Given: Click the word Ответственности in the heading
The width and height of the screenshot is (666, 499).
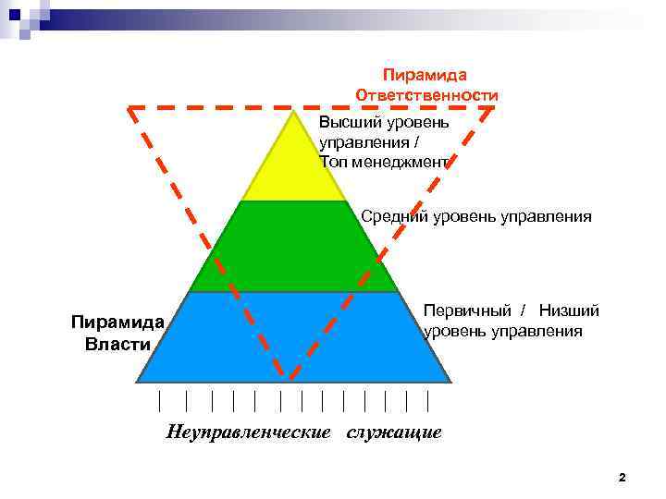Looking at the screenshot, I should [x=426, y=95].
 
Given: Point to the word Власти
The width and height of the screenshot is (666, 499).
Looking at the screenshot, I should [x=117, y=344].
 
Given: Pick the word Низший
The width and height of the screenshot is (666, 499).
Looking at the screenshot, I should [x=569, y=311].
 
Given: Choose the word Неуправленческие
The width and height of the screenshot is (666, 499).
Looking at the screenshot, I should [x=248, y=432].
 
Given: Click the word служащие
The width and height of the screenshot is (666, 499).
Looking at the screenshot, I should [x=395, y=432].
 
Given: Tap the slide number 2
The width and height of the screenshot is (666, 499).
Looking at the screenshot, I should [x=622, y=478].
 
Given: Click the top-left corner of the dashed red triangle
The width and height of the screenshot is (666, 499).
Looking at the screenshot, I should [x=129, y=108].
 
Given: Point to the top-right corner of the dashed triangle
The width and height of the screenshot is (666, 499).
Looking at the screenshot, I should [x=493, y=107].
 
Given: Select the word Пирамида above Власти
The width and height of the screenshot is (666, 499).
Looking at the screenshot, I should [x=117, y=323].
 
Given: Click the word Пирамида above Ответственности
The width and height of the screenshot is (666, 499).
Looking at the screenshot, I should [x=425, y=75].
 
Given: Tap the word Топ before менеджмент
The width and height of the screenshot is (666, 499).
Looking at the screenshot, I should [x=334, y=162].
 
